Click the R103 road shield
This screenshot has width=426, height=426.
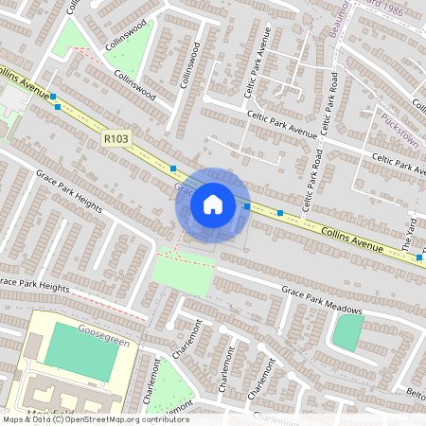(x=116, y=139)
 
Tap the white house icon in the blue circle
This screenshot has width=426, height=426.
(x=213, y=204)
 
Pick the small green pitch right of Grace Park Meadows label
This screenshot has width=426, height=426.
(x=347, y=331)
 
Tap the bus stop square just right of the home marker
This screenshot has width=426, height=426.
(x=247, y=205)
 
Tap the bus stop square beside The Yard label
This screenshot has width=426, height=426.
(x=419, y=257)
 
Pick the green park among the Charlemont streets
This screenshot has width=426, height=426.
(x=169, y=384)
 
